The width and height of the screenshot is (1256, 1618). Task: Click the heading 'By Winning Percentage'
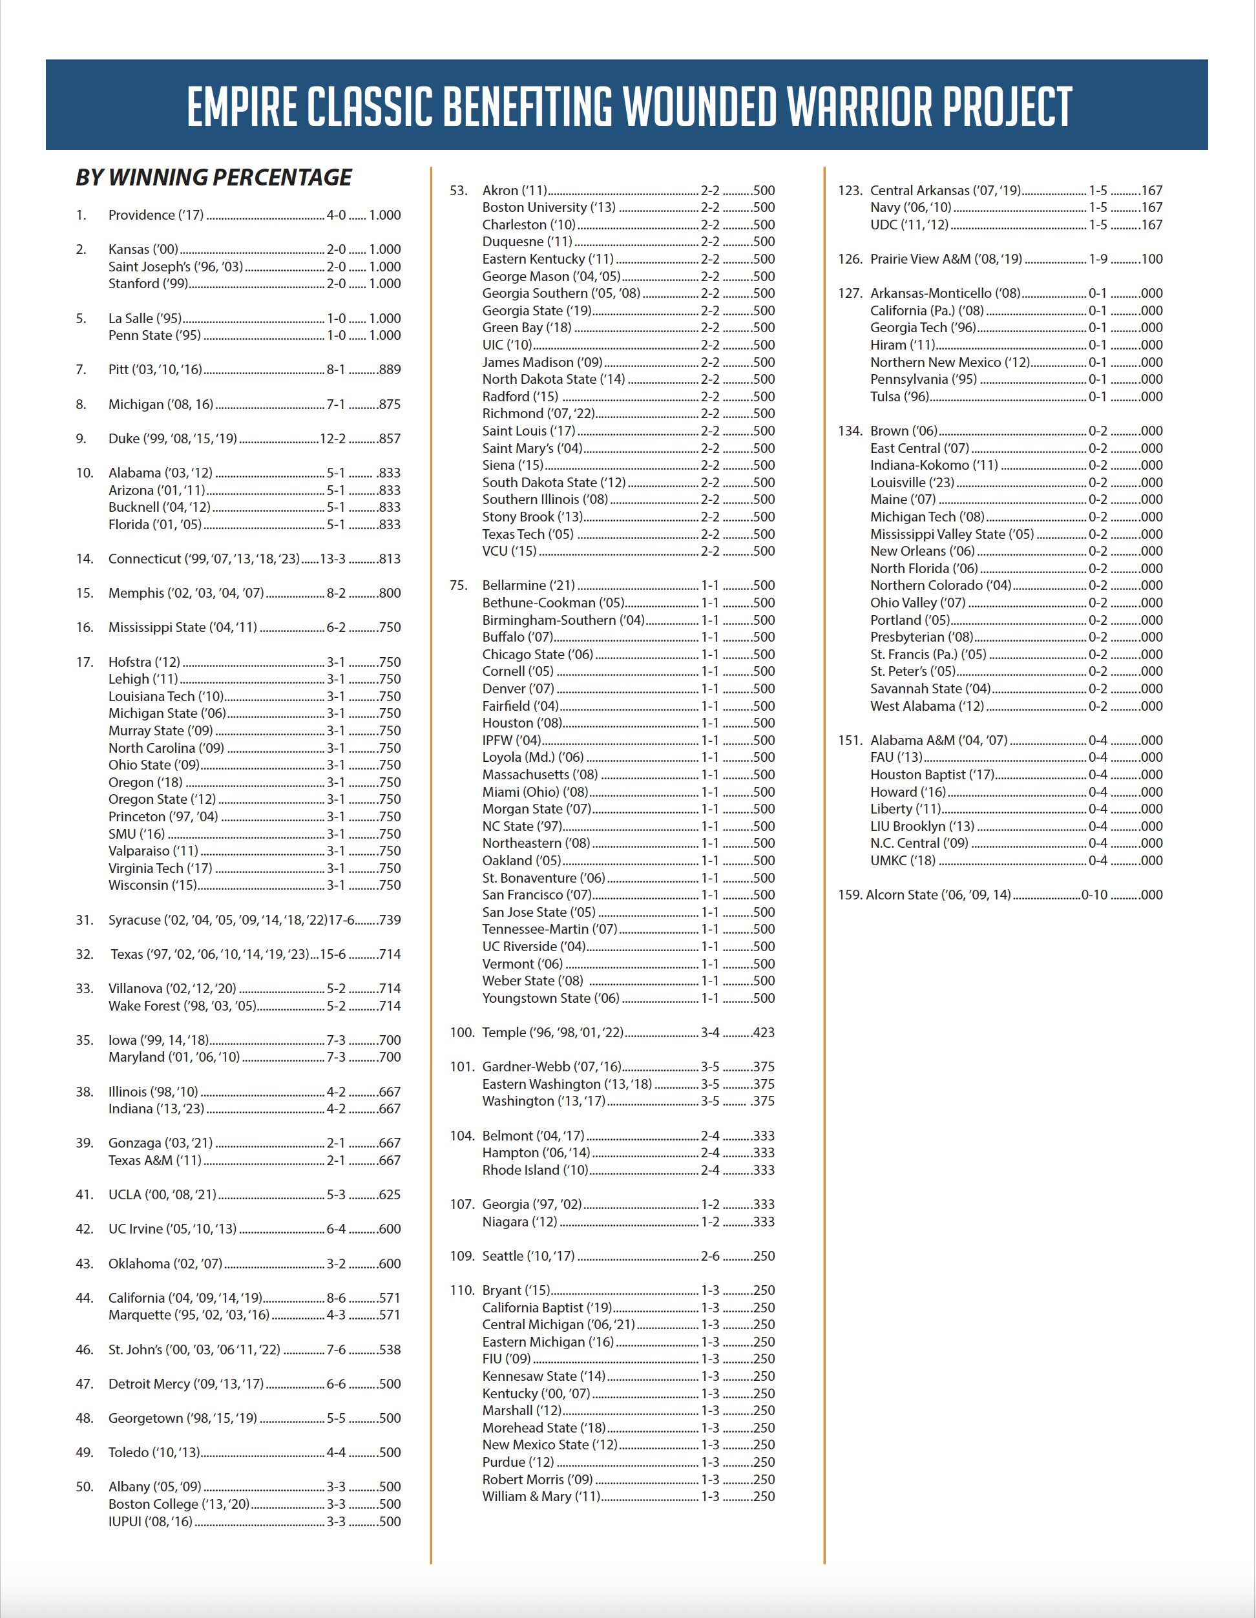tap(214, 178)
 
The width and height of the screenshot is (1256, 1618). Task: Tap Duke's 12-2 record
tap(333, 439)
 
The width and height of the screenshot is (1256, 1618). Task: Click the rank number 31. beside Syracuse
tap(85, 920)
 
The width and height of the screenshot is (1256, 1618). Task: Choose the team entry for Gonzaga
tap(160, 1143)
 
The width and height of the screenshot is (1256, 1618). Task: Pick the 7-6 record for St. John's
tap(336, 1350)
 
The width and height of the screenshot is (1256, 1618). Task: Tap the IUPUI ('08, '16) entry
tap(151, 1522)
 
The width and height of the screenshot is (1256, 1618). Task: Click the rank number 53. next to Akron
tap(459, 191)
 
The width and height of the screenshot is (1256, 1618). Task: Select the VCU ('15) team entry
tap(510, 551)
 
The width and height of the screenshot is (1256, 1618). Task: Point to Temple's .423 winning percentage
tap(763, 1033)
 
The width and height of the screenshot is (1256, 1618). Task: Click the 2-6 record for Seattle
tap(710, 1256)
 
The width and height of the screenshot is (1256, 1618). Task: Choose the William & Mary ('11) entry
tap(541, 1497)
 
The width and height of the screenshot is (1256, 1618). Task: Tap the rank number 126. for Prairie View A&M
tap(850, 259)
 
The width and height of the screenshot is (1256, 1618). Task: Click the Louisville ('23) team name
tap(912, 482)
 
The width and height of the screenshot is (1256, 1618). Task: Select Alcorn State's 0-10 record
tap(1094, 895)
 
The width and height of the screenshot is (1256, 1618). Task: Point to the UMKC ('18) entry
tap(903, 861)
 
